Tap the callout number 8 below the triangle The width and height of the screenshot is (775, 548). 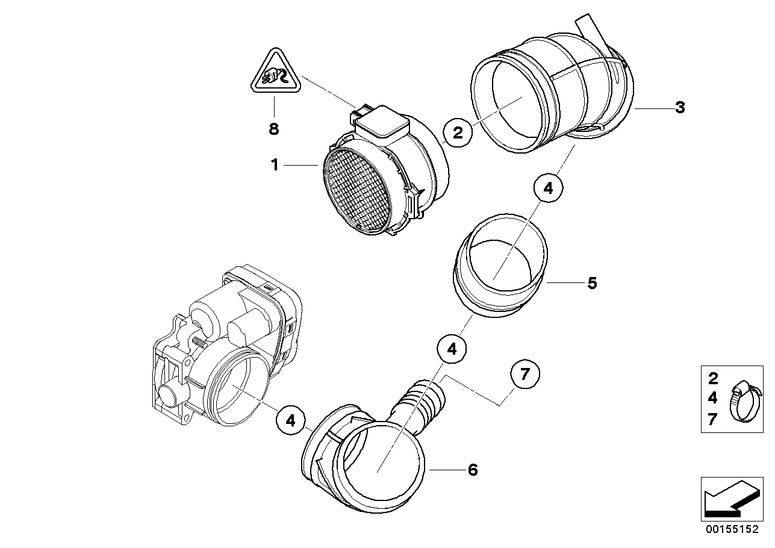(274, 128)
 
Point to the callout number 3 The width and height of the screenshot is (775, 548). (679, 108)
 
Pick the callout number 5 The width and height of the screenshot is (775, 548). (592, 282)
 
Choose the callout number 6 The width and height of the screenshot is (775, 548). (473, 470)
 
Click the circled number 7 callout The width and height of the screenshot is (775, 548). (525, 375)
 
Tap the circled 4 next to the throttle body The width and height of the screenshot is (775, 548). (291, 421)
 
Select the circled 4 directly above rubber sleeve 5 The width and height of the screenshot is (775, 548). (548, 188)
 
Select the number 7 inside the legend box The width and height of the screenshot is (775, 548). (713, 420)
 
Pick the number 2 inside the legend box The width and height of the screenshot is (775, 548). (713, 379)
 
